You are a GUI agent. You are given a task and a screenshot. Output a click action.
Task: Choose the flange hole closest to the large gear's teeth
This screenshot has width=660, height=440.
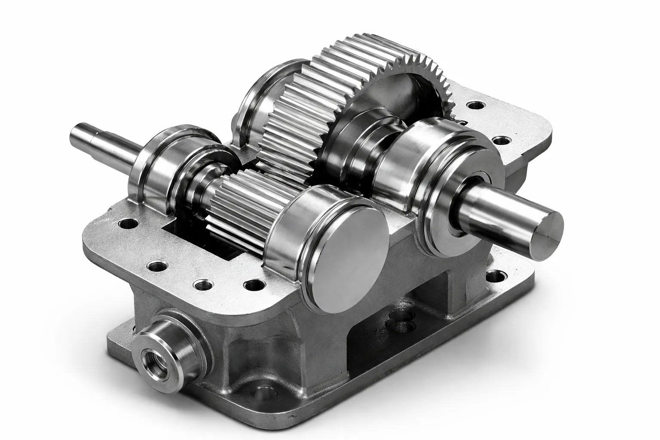(475, 105)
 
